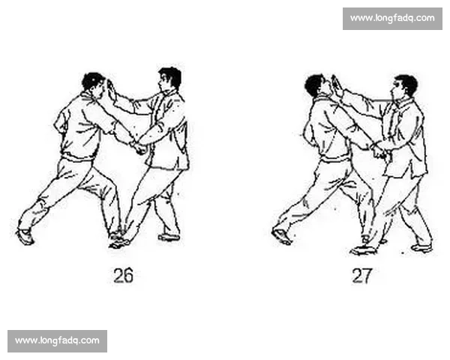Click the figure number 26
pyautogui.click(x=124, y=275)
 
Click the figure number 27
pyautogui.click(x=362, y=275)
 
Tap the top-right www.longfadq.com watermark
pyautogui.click(x=392, y=18)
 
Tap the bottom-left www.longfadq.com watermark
pyautogui.click(x=58, y=341)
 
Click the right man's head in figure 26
pyautogui.click(x=169, y=78)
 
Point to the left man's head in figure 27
pyautogui.click(x=316, y=85)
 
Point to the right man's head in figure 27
pyautogui.click(x=405, y=86)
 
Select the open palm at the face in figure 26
pyautogui.click(x=111, y=89)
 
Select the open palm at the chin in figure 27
pyautogui.click(x=337, y=85)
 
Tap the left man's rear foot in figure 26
pyautogui.click(x=25, y=237)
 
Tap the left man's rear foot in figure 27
pyautogui.click(x=282, y=236)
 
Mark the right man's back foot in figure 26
pyautogui.click(x=169, y=238)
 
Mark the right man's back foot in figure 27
pyautogui.click(x=421, y=247)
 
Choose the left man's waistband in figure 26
pyautogui.click(x=77, y=157)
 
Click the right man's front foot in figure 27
pyautogui.click(x=363, y=250)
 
